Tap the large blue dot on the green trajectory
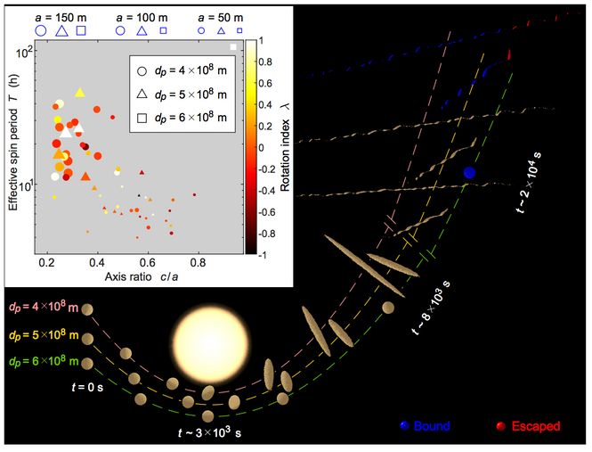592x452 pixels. tap(469, 172)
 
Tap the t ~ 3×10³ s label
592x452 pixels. tap(211, 432)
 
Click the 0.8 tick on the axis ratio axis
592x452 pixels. tap(198, 265)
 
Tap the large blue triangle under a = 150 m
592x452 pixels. tap(63, 31)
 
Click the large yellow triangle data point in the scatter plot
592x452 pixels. tap(79, 93)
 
